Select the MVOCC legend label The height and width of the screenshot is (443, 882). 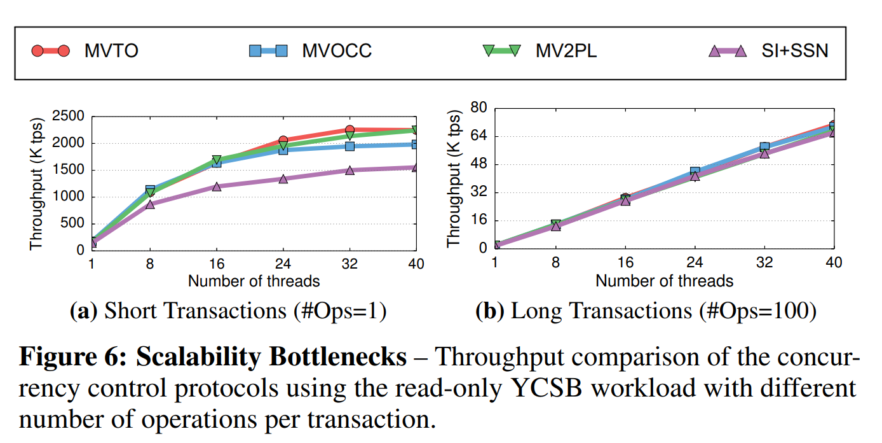[336, 51]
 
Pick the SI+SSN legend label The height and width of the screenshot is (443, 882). [795, 51]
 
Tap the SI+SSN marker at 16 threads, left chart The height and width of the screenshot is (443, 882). [217, 186]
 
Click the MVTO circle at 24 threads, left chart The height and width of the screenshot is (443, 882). [283, 140]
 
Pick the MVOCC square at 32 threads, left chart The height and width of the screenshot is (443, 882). [349, 146]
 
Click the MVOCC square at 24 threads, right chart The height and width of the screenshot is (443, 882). [695, 172]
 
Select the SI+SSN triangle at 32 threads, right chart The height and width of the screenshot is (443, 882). [764, 153]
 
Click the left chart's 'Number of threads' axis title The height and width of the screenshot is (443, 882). [254, 281]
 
